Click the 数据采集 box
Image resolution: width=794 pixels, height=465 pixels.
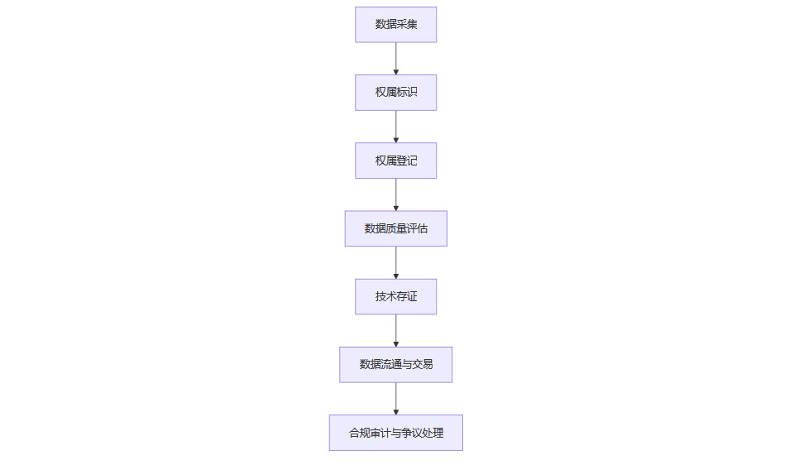pos(395,24)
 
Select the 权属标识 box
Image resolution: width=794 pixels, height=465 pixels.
pos(395,93)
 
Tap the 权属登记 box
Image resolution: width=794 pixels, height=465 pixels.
pos(395,161)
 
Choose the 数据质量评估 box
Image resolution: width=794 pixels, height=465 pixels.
pos(396,228)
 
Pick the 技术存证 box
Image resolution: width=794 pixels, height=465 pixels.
pos(395,296)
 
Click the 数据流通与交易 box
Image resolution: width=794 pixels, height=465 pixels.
pos(396,365)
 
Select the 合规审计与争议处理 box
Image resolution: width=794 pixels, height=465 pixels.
pos(396,433)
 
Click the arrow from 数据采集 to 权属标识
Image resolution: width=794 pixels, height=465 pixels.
pos(396,59)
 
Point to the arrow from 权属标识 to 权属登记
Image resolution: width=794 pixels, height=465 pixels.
pos(396,127)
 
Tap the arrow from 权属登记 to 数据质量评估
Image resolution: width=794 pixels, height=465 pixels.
pos(396,194)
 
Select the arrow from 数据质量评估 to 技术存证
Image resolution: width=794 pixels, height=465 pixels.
pos(396,263)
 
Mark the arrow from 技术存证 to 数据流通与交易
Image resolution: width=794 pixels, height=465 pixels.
pos(396,331)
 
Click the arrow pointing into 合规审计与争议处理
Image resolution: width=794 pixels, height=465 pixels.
pos(396,399)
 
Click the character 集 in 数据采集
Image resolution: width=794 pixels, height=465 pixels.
pos(412,24)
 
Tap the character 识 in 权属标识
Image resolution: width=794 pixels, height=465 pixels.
pos(412,92)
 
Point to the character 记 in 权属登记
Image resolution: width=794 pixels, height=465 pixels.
pos(412,161)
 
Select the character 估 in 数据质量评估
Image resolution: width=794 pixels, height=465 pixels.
pos(423,228)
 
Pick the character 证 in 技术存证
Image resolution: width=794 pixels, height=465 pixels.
pos(412,296)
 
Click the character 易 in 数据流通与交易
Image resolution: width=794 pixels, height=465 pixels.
pos(428,364)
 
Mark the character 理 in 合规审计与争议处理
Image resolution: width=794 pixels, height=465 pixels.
pos(438,433)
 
